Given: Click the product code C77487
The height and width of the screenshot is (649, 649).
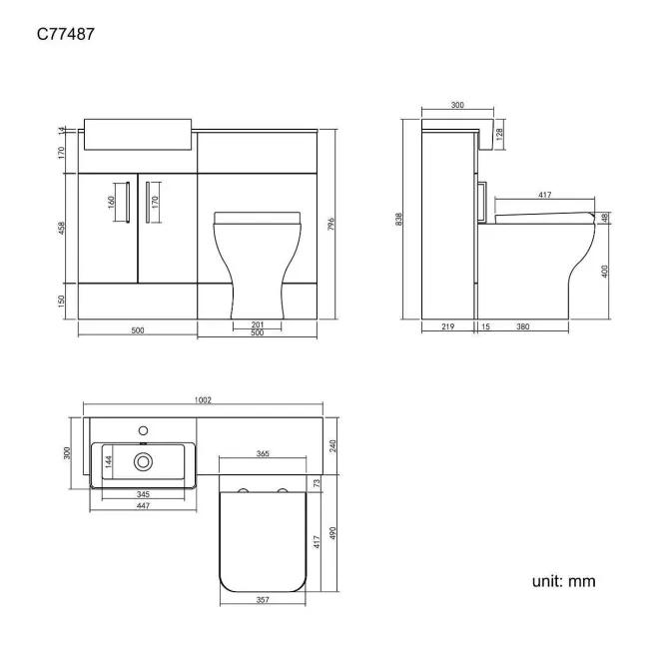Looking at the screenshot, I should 67,34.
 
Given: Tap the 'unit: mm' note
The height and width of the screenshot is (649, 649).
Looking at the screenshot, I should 563,580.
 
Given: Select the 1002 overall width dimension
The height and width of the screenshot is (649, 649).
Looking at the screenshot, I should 204,399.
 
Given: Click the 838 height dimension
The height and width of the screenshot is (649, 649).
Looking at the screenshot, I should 398,220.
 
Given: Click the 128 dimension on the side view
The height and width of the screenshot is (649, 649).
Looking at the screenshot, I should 499,132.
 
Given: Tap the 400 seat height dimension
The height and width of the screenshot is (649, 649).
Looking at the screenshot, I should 605,273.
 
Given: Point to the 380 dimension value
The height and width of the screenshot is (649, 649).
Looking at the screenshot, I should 523,326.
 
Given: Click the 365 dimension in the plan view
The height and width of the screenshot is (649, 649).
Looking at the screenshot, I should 263,454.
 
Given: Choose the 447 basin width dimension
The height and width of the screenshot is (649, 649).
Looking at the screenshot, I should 145,506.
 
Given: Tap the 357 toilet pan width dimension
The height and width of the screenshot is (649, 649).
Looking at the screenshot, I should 262,601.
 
